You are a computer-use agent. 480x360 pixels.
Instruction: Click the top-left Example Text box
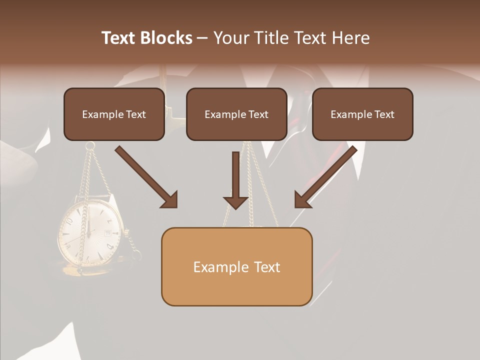pos(114,114)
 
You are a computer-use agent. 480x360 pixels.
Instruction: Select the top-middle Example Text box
pos(236,114)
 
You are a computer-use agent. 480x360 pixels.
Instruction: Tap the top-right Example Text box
pos(362,114)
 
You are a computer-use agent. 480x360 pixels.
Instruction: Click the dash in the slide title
pos(203,38)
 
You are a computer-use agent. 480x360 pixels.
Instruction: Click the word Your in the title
pos(231,38)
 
